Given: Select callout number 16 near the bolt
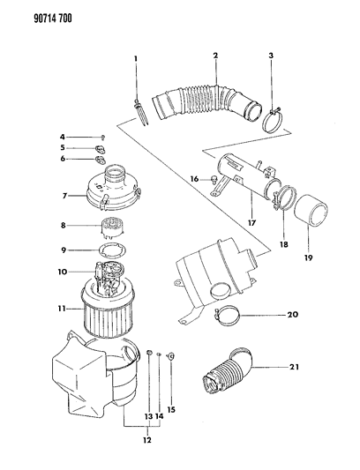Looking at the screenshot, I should click(x=191, y=180).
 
